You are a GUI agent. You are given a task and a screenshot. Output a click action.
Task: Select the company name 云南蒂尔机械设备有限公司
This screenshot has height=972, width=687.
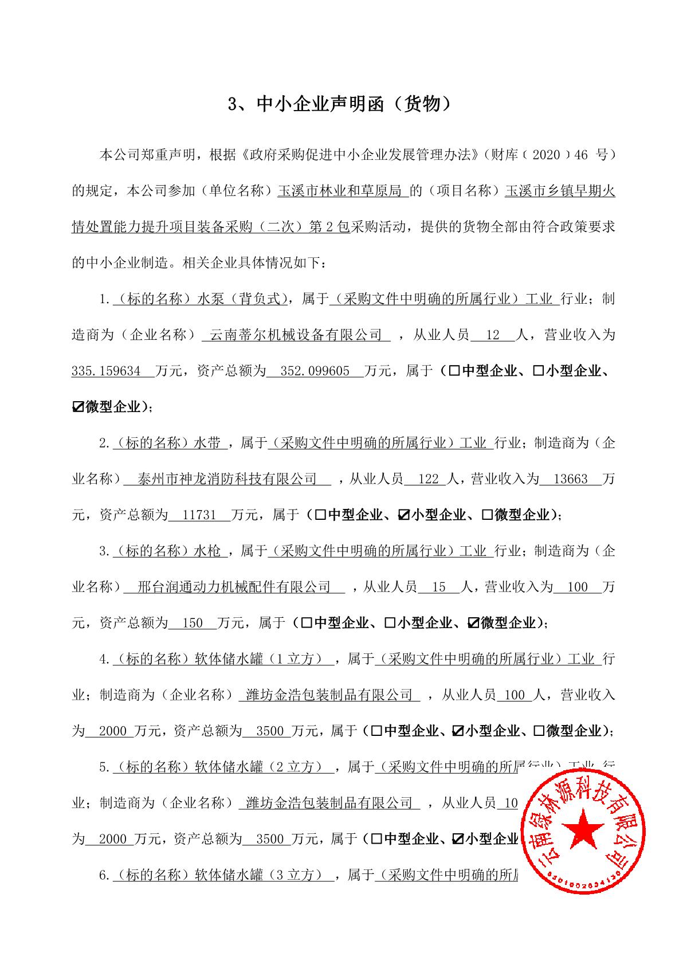(x=296, y=335)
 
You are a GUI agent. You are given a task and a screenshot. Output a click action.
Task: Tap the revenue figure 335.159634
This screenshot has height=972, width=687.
(x=107, y=371)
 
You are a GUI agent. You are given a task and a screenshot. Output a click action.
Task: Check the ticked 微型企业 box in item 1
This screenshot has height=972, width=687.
(x=78, y=407)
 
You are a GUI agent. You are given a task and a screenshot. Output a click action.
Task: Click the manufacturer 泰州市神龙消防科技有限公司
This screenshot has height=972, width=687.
(x=228, y=479)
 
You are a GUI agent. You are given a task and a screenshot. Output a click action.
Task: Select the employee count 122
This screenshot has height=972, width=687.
(x=429, y=479)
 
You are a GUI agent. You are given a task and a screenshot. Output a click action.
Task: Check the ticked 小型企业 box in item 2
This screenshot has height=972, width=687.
(x=403, y=515)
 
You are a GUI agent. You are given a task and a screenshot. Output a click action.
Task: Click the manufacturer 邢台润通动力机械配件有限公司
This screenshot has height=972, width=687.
(x=235, y=587)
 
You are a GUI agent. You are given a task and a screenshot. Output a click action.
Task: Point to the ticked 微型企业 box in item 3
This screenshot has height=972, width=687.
(x=473, y=623)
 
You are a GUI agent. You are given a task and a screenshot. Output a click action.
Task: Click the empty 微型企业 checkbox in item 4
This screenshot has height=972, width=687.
(x=539, y=731)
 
